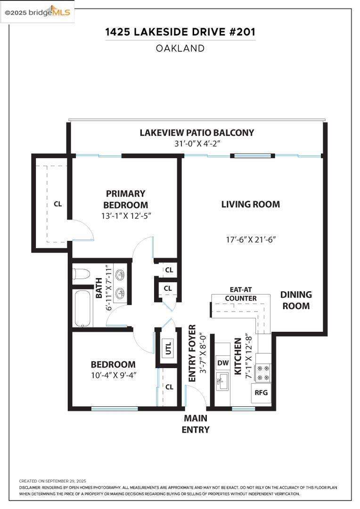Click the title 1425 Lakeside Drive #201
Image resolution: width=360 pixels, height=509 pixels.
point(180,32)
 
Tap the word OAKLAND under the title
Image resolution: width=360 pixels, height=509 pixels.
point(180,49)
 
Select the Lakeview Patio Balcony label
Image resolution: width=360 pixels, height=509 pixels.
point(196,133)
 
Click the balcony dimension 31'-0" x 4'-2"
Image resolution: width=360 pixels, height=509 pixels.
point(198,143)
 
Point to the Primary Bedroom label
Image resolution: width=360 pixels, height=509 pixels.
point(126,199)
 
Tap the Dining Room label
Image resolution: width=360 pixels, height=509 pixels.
point(296,300)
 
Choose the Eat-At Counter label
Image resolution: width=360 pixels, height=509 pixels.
point(241,294)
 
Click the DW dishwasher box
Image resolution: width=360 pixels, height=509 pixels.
point(223,363)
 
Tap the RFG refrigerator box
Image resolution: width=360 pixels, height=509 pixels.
point(261,393)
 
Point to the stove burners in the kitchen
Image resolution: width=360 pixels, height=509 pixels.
point(263,373)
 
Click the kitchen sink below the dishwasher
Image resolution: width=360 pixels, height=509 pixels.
point(223,381)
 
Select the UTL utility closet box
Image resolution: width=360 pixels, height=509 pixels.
point(168,348)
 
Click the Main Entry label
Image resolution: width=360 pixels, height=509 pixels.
point(196,424)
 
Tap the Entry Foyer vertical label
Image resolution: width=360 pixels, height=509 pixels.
point(193,353)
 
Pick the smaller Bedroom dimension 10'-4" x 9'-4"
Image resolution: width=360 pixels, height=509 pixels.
point(113,376)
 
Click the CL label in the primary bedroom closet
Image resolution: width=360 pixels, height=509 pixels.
point(58,204)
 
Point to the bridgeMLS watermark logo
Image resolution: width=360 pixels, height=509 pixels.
point(37,12)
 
